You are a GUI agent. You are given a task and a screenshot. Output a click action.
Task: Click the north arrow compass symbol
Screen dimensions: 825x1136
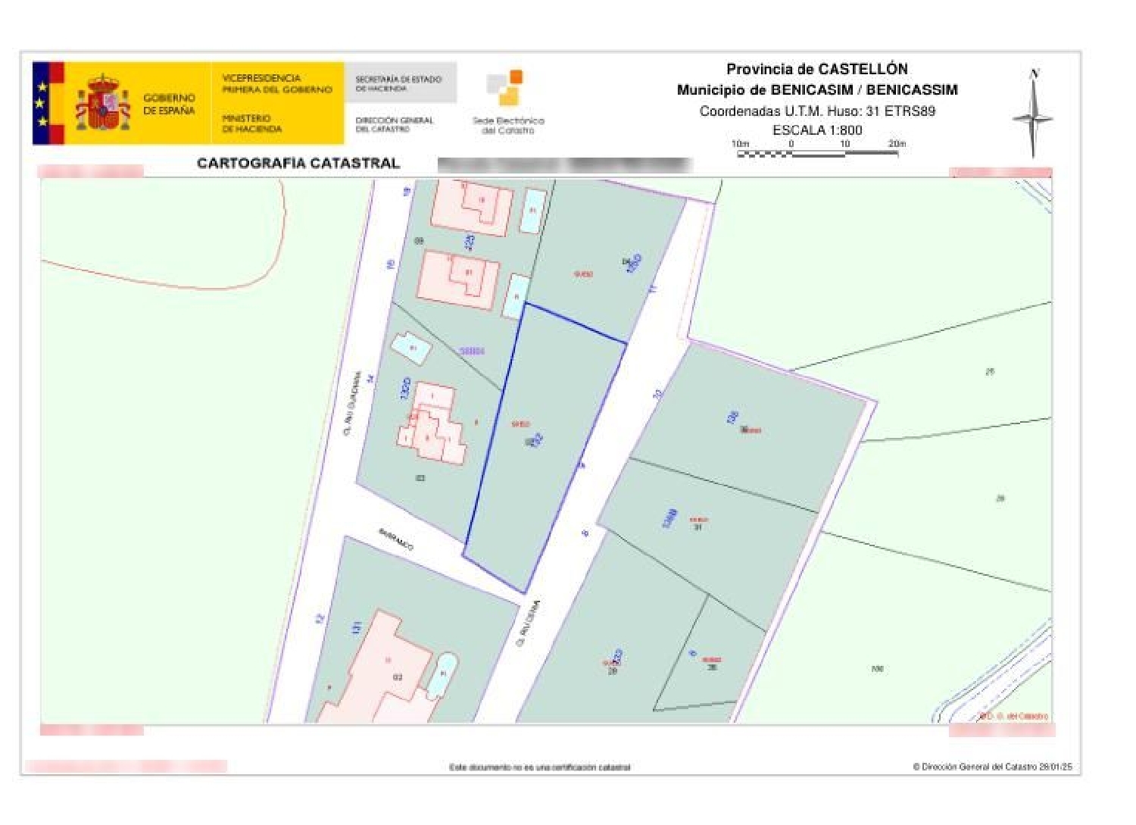coord(1032,115)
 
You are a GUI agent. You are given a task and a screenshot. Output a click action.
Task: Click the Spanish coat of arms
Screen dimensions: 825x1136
coord(103,103)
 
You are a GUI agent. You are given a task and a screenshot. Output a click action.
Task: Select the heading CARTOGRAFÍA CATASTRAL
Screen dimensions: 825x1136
coord(298,163)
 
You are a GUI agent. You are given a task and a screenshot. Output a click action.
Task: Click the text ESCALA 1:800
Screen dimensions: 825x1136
coord(817,130)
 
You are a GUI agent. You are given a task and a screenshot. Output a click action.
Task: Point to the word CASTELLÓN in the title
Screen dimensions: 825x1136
coord(863,69)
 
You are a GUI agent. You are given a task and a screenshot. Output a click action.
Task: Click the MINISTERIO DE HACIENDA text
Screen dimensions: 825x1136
coord(251,123)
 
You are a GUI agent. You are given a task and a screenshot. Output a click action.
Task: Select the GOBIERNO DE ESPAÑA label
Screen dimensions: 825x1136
coord(169,104)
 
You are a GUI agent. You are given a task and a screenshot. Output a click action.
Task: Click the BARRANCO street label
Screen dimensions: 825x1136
coord(396,539)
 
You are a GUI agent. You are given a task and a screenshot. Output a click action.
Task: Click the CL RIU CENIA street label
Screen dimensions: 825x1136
coord(528,623)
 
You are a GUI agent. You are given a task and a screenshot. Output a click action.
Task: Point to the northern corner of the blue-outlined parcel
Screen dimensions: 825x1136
coord(525,304)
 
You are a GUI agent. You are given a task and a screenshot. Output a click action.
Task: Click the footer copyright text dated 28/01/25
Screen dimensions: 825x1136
coord(992,767)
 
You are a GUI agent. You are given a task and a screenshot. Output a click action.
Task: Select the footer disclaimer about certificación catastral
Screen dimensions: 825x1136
coord(539,767)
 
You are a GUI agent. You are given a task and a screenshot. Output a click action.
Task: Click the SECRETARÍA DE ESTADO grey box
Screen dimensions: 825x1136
coord(399,83)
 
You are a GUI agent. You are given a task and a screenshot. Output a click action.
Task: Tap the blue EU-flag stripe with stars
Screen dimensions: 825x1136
coord(42,103)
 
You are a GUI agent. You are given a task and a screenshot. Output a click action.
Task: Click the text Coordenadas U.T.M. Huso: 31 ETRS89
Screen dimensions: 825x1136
coord(817,111)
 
